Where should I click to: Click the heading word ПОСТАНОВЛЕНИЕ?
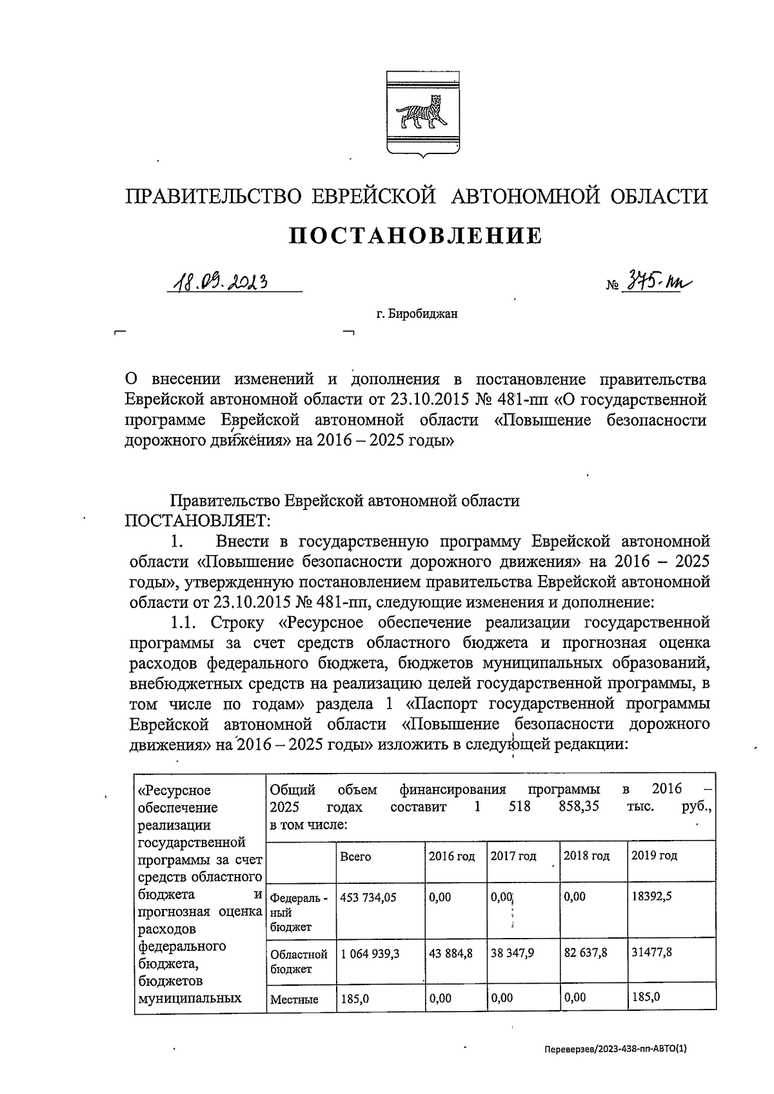point(415,236)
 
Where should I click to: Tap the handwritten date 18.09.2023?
point(219,282)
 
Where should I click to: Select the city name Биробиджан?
point(417,315)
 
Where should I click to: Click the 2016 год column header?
point(451,856)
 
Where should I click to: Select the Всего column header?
point(355,857)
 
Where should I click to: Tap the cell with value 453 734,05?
point(368,897)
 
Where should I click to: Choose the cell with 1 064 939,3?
point(370,953)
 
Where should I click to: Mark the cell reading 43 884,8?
point(450,953)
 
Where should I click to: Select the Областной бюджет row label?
point(299,961)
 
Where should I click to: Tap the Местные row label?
point(294,1000)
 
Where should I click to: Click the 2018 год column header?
point(586,856)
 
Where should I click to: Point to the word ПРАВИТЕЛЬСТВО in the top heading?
point(213,196)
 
